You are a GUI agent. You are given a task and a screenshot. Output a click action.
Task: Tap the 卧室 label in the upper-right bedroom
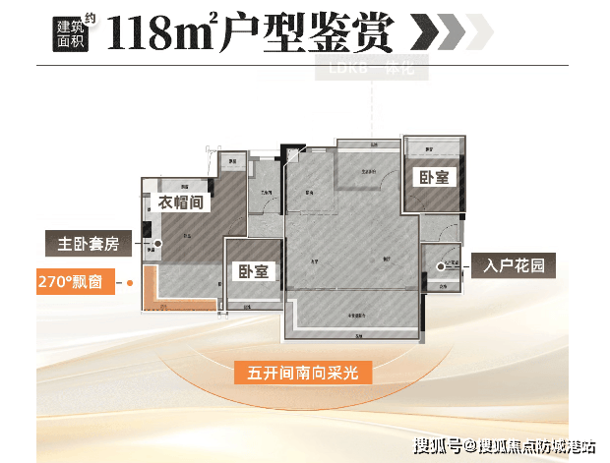coord(434,177)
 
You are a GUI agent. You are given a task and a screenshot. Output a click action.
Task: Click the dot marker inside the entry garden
coord(440,264)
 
